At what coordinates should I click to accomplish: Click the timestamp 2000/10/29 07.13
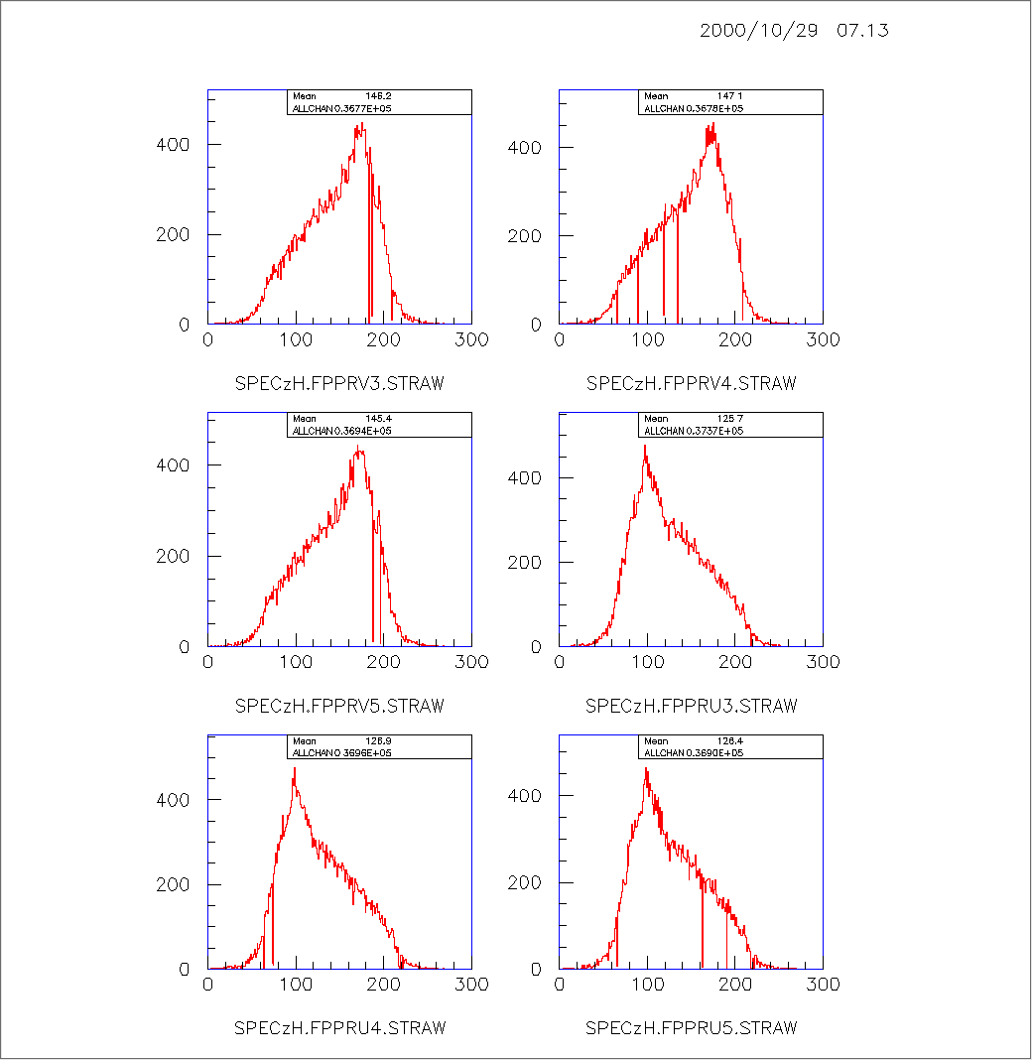point(794,30)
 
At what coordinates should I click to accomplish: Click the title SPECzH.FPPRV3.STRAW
point(339,383)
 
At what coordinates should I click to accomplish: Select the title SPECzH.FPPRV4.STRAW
point(692,383)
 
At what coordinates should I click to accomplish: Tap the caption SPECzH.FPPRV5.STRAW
point(339,706)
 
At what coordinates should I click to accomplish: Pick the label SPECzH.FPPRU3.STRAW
point(692,706)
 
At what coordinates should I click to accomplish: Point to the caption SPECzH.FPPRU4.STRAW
point(339,1027)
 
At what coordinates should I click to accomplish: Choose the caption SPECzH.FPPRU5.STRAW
point(692,1027)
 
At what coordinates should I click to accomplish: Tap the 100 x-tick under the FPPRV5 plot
point(296,662)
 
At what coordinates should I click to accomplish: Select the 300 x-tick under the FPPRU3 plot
point(824,662)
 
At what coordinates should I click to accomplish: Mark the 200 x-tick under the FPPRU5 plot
point(735,984)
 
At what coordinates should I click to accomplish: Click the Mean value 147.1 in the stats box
point(730,96)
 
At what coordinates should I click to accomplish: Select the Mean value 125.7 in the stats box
point(730,419)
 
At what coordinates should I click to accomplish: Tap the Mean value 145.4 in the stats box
point(379,419)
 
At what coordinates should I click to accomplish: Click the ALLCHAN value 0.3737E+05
point(709,431)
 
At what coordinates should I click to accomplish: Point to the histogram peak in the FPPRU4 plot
point(295,768)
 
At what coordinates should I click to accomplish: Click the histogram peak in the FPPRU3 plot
point(645,446)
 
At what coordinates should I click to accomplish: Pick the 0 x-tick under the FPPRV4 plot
point(560,339)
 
